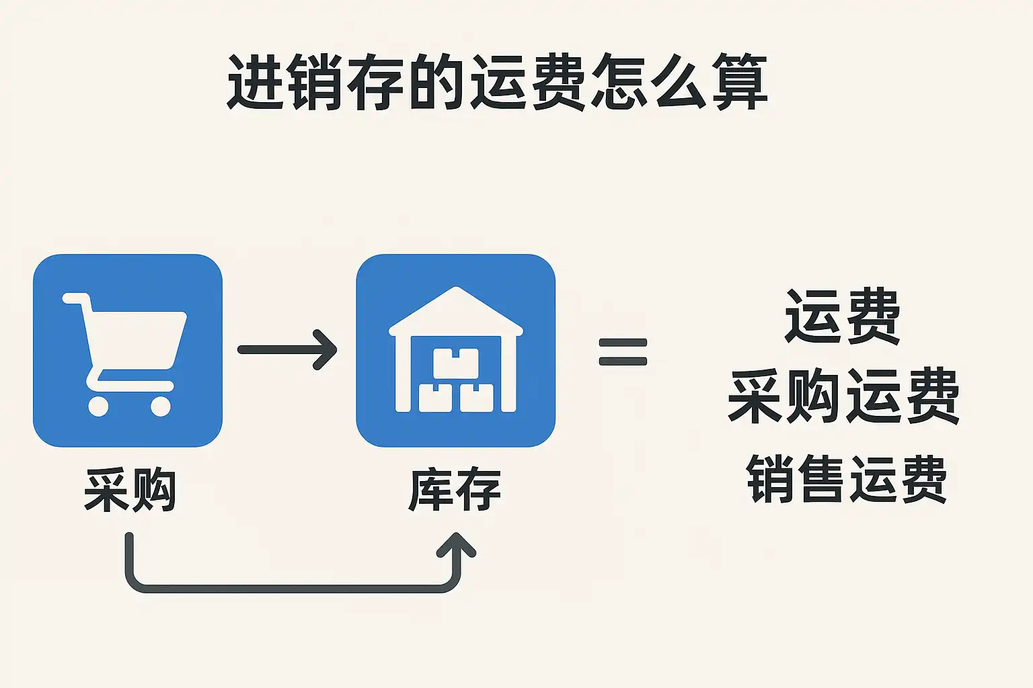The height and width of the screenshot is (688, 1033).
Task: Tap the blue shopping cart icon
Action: tap(127, 350)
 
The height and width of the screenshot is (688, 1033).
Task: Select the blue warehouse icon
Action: tap(455, 350)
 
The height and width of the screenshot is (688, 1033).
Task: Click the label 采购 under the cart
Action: tap(130, 490)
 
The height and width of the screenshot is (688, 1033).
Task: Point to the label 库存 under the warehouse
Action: tap(455, 490)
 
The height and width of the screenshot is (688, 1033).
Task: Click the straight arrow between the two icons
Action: tap(287, 349)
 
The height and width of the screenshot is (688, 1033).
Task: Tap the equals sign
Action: tap(623, 351)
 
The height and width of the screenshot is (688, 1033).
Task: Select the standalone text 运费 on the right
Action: tap(842, 316)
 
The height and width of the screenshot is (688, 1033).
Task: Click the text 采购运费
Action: tap(843, 396)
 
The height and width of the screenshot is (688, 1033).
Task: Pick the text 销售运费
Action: tap(846, 478)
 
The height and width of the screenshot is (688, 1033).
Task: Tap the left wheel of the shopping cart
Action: tap(98, 406)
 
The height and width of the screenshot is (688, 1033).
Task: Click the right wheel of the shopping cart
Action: tap(161, 406)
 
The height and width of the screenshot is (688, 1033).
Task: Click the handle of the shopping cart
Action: tap(74, 298)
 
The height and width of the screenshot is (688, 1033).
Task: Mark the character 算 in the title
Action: tap(740, 83)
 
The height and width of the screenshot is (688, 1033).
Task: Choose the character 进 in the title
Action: tap(254, 83)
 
